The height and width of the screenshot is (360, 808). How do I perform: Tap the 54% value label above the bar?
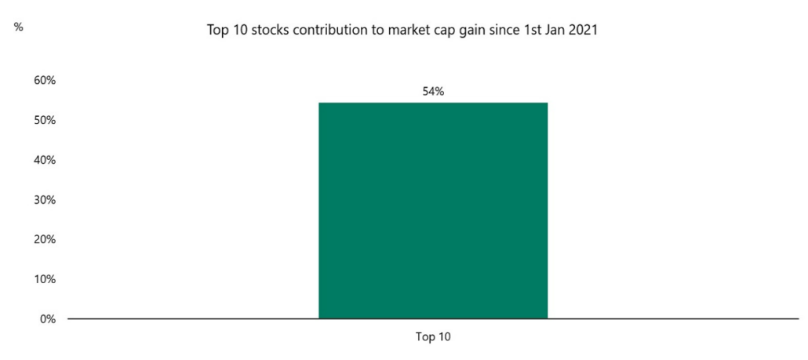tap(433, 92)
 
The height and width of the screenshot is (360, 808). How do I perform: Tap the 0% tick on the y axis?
tap(47, 319)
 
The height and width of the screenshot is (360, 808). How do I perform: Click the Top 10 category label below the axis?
tap(433, 338)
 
